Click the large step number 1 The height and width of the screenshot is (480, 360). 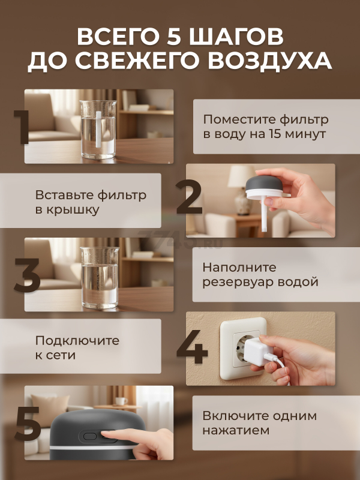(22, 127)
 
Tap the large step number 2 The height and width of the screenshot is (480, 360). (190, 197)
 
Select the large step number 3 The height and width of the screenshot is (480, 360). (27, 275)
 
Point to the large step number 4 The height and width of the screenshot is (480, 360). (191, 347)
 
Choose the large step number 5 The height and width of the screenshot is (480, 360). (28, 424)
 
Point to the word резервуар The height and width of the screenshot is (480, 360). (236, 283)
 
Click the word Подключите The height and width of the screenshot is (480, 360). (77, 340)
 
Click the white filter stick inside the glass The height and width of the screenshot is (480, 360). (98, 129)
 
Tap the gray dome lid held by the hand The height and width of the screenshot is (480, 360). (264, 184)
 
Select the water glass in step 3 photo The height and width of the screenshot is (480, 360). (100, 277)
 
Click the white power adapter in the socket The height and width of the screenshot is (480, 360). (257, 351)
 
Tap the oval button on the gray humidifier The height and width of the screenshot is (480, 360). (90, 436)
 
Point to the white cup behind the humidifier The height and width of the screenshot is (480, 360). (121, 401)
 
